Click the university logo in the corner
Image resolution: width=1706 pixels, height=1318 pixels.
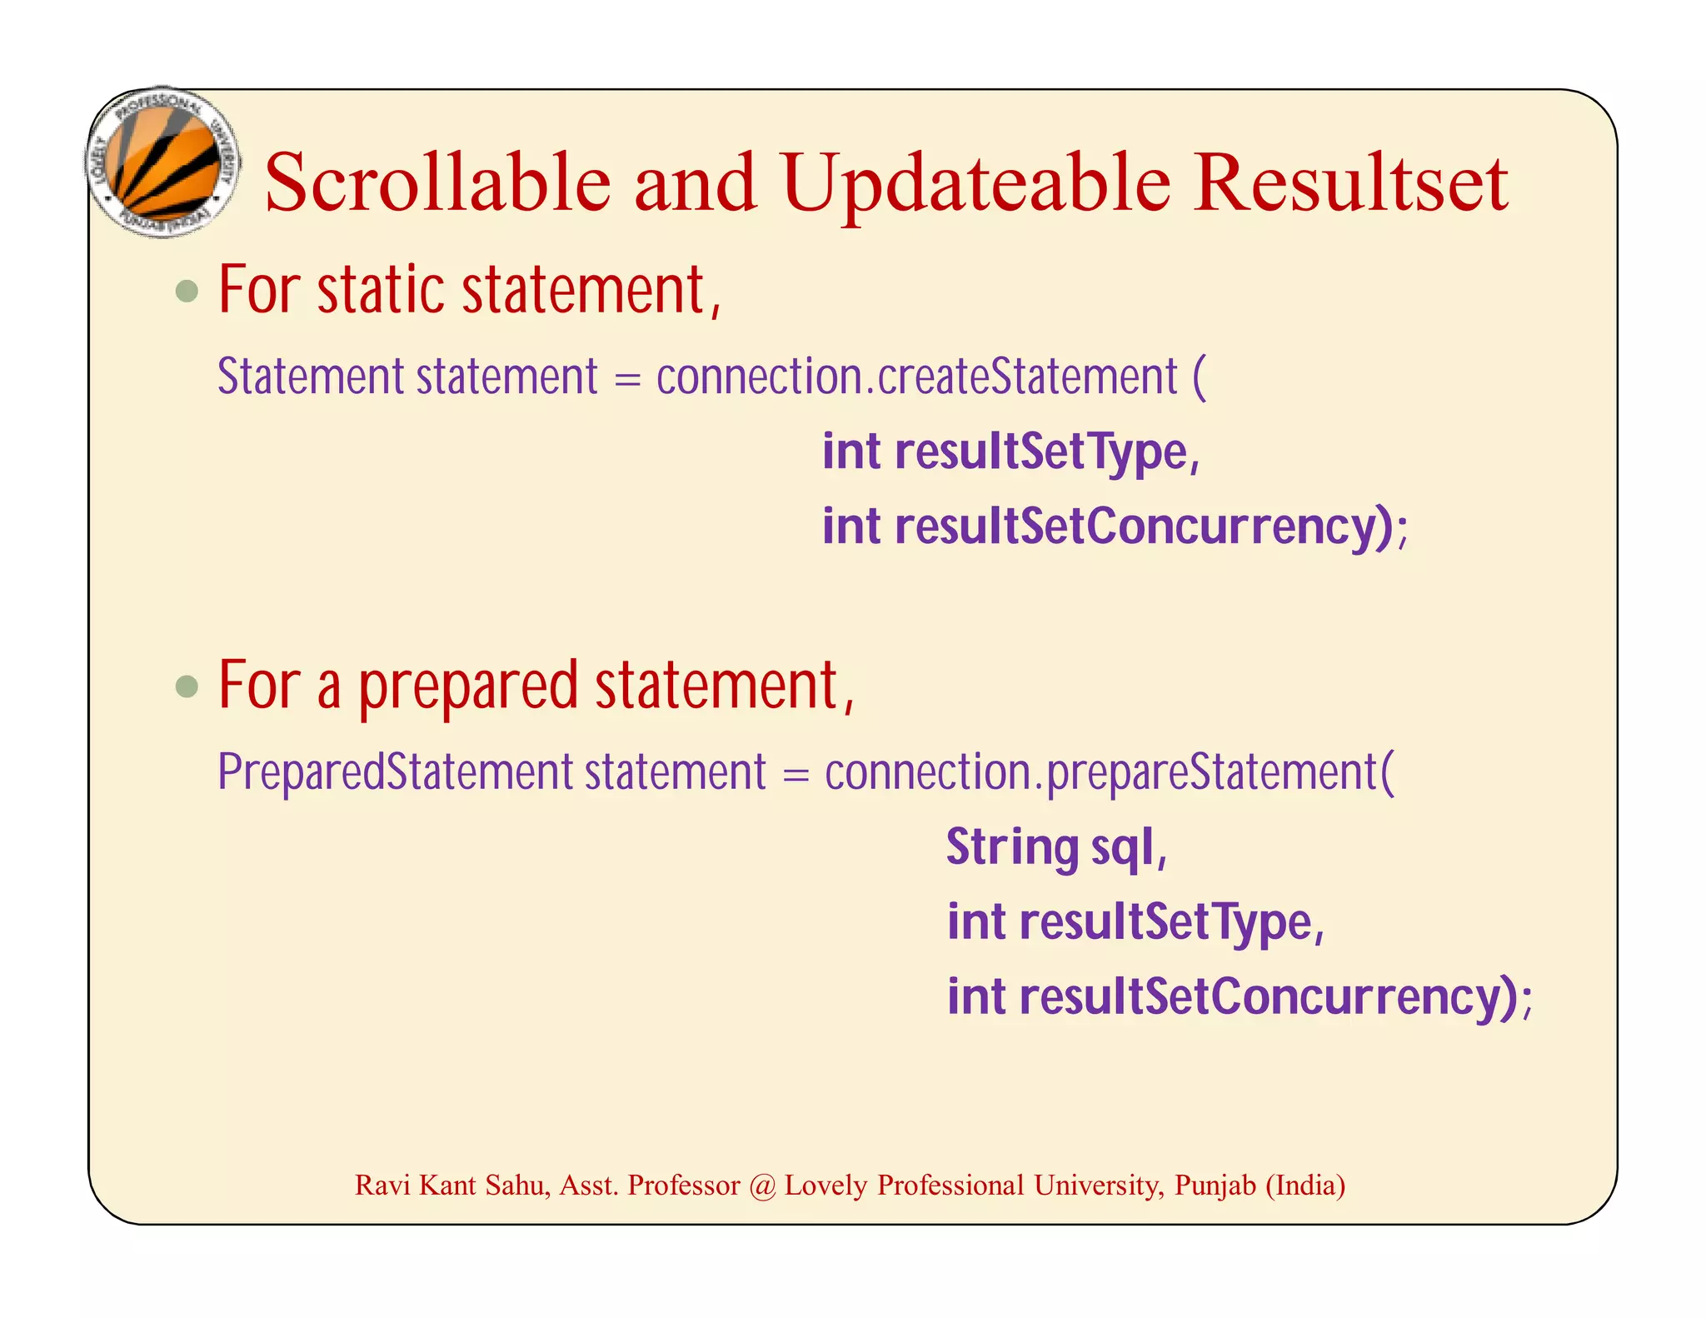(x=163, y=162)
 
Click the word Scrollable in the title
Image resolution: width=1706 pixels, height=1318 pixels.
(x=437, y=182)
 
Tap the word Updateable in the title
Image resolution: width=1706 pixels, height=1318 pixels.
(x=975, y=182)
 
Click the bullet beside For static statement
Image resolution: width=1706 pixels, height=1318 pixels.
(x=187, y=292)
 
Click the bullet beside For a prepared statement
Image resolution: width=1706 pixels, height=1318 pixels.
(x=187, y=686)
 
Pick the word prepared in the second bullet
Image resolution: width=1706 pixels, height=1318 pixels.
(x=468, y=686)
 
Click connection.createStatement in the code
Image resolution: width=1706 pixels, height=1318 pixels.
(x=916, y=377)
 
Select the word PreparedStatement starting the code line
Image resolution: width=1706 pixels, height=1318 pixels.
(x=395, y=771)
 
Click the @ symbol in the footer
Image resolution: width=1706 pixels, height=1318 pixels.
(x=761, y=1186)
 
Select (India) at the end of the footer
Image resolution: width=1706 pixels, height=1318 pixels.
(x=1305, y=1185)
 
